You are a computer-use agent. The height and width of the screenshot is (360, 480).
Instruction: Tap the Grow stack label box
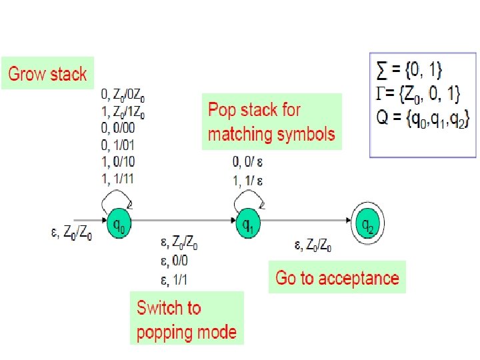click(x=47, y=73)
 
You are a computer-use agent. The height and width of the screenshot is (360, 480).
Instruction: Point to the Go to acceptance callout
click(x=337, y=277)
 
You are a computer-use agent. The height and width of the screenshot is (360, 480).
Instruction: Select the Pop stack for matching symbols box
click(x=271, y=121)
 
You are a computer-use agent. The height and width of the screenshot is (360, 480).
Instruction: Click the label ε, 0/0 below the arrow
click(x=174, y=261)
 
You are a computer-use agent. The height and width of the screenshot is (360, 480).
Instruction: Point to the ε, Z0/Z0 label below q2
click(x=314, y=246)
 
